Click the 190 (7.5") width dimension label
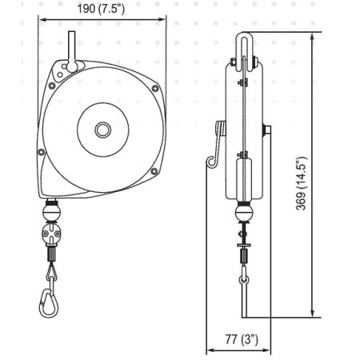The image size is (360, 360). click(101, 9)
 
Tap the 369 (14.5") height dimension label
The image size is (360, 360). click(302, 183)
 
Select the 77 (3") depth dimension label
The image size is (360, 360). click(242, 339)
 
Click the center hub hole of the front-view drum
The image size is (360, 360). click(103, 130)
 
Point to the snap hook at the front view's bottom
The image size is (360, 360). click(49, 302)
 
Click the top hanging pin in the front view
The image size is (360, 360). click(72, 50)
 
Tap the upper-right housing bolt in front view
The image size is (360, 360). click(155, 88)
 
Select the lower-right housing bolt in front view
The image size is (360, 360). click(154, 171)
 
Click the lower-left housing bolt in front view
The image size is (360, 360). click(42, 152)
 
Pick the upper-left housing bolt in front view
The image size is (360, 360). click(52, 86)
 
